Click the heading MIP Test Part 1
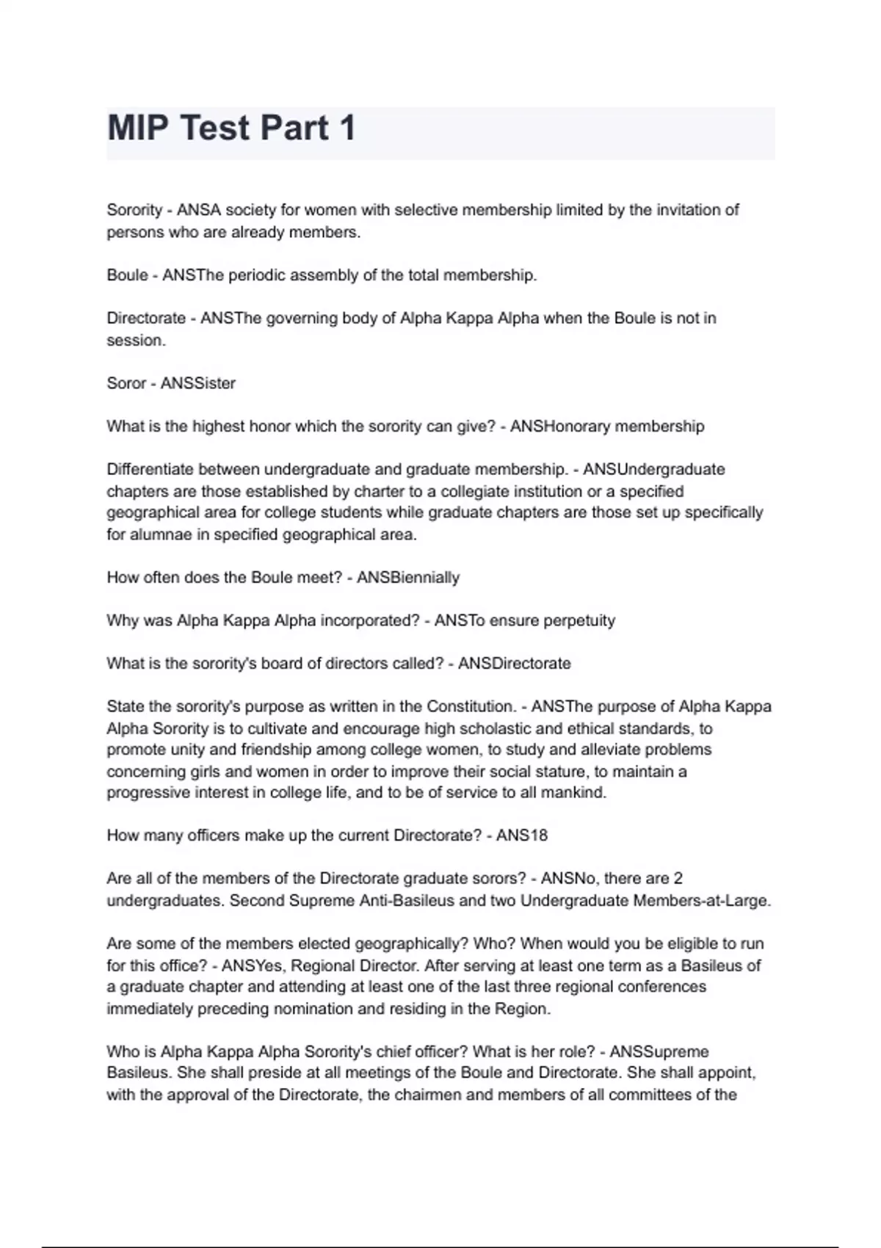(231, 128)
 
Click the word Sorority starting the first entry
(134, 210)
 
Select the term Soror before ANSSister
(126, 383)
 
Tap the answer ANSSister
(198, 383)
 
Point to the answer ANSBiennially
(408, 578)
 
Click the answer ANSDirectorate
(515, 664)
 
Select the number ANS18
(522, 835)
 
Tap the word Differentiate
(150, 469)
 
